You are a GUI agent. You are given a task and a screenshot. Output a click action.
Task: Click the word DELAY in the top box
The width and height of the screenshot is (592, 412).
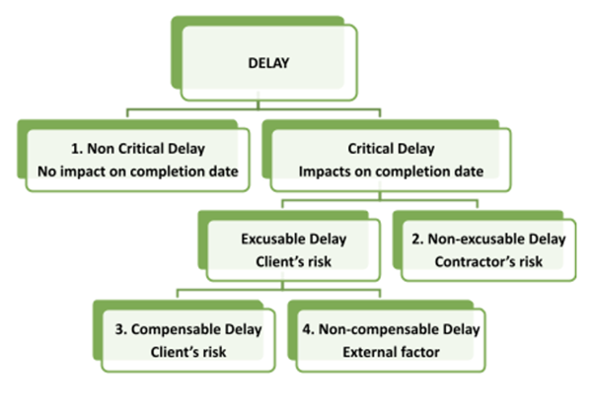point(268,63)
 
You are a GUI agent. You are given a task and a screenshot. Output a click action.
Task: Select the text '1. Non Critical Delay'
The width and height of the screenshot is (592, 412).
point(138,149)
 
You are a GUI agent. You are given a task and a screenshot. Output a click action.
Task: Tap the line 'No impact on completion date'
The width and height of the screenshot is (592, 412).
point(138,172)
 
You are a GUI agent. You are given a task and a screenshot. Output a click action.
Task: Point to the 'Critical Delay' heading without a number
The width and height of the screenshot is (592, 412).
point(391,149)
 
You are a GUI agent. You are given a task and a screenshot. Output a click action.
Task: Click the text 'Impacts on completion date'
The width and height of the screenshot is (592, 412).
point(391,172)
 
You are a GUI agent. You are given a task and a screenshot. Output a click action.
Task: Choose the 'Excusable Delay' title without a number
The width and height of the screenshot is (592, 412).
point(294,240)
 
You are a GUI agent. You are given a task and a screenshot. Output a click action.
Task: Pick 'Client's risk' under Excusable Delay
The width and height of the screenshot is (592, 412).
point(294,261)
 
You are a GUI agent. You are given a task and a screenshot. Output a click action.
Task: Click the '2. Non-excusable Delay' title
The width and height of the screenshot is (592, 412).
point(488,240)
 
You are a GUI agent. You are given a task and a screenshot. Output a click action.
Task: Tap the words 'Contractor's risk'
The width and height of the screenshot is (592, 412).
point(488,261)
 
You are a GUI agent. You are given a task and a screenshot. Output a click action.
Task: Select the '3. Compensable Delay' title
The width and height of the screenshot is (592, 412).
point(188,329)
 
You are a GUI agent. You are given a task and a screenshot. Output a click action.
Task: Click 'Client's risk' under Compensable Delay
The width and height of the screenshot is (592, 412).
point(188,352)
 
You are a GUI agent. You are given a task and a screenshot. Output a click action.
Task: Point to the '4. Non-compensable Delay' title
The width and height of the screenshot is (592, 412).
point(391,329)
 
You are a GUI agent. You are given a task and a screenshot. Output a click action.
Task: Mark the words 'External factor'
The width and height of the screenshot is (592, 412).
point(391,352)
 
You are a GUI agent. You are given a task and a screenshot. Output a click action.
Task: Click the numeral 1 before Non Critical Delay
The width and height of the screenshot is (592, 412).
point(75,149)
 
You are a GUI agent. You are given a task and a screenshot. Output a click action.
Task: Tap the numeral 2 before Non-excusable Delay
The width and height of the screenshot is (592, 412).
point(416,240)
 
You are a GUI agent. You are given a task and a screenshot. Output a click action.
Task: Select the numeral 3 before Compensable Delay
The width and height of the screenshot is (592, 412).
point(119,329)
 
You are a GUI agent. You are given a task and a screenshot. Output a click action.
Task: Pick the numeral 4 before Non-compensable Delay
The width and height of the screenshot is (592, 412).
point(307,329)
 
